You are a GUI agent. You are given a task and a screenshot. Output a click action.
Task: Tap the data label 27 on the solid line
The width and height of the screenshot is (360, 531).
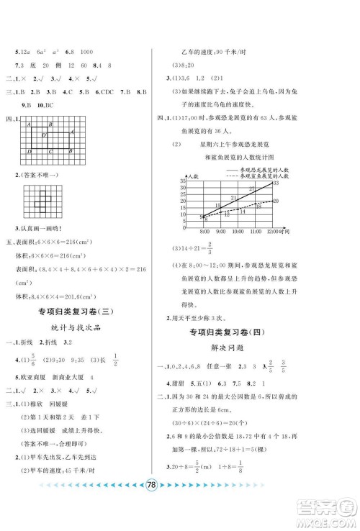[251, 189]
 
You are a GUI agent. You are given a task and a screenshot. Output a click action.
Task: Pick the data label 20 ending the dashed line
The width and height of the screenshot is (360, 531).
[276, 201]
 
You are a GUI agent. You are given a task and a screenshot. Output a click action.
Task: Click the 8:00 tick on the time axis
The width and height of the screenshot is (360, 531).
[204, 232]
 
